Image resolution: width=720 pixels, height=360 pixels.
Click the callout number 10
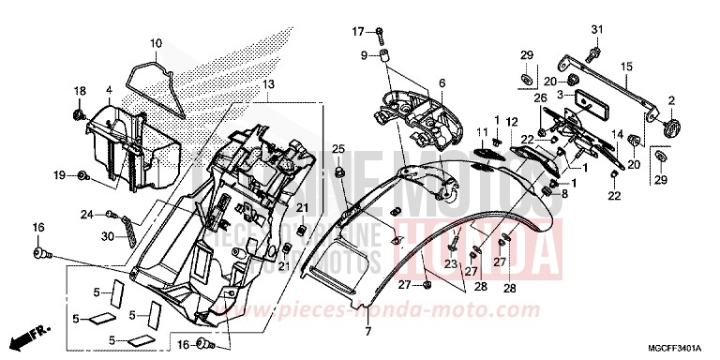(x=156, y=43)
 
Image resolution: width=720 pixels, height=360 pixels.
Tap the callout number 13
(x=268, y=85)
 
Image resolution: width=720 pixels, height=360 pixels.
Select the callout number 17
(x=357, y=33)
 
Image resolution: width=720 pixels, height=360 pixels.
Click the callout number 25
(x=338, y=149)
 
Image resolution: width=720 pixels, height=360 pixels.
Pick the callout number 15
(x=626, y=66)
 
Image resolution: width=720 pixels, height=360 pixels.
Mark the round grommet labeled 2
(x=670, y=126)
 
